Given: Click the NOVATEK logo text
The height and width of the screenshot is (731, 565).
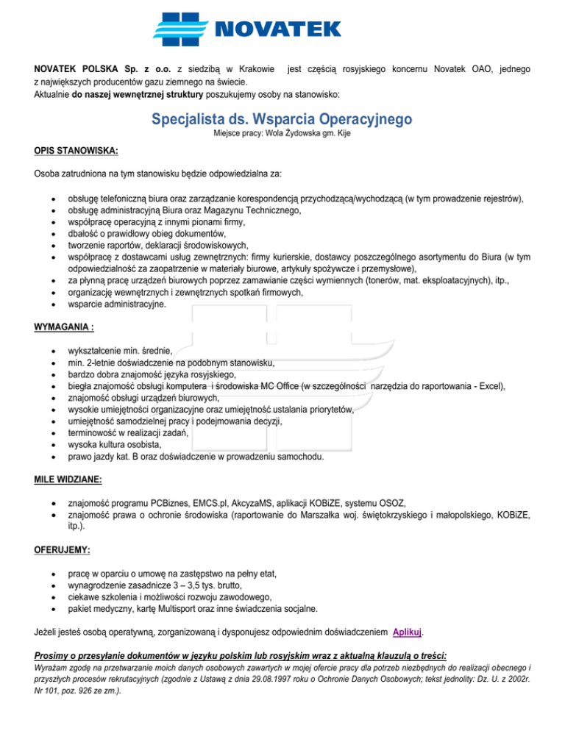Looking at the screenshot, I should (277, 29).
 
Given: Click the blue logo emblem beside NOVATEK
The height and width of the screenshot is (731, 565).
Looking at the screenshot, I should (182, 29).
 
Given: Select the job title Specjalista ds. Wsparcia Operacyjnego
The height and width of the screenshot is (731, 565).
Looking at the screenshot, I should (282, 118).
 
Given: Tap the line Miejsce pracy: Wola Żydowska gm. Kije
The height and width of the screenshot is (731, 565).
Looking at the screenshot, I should (282, 135).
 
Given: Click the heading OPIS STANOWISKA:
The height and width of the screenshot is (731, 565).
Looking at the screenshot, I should (77, 151).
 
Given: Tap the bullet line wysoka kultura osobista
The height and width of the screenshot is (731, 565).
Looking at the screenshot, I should (114, 444).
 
